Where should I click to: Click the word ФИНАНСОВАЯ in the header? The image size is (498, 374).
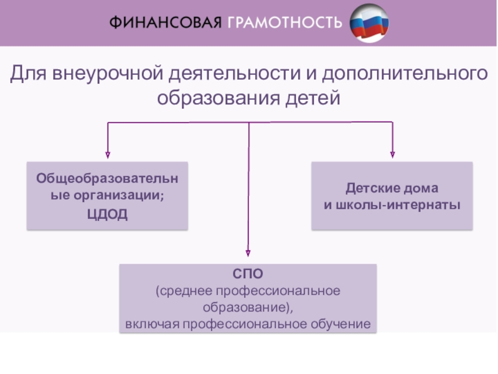(165, 23)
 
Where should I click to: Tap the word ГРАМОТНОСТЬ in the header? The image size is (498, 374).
(285, 23)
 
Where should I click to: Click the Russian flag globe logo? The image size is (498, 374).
(369, 23)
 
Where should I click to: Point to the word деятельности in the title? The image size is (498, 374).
(235, 73)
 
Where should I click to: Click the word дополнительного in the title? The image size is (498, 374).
(405, 74)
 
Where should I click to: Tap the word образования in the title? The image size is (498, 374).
(219, 98)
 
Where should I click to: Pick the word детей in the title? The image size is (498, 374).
(313, 98)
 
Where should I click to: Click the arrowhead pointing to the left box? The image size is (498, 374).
(108, 155)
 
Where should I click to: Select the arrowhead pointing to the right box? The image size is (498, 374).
(393, 155)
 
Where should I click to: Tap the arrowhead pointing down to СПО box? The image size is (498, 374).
(248, 253)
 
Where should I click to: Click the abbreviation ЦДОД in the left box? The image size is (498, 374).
(107, 214)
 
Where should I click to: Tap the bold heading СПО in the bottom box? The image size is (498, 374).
(248, 274)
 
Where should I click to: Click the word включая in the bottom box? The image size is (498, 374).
(152, 324)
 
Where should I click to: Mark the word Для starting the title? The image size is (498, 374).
(29, 74)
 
